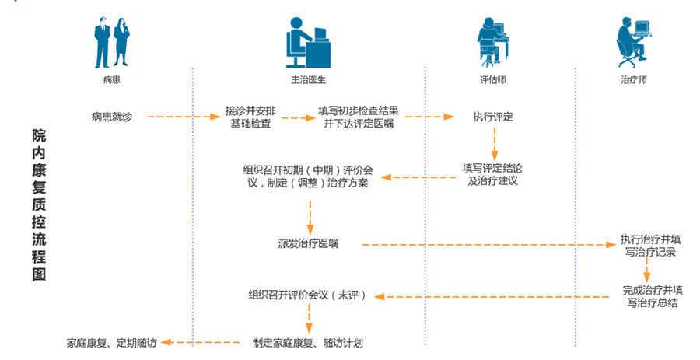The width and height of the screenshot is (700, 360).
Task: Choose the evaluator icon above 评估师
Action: click(493, 43)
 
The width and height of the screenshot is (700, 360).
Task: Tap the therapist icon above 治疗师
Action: click(633, 43)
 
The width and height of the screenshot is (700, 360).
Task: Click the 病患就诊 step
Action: click(111, 117)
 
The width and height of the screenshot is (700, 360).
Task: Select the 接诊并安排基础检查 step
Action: click(251, 117)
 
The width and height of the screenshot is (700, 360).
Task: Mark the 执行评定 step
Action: click(492, 117)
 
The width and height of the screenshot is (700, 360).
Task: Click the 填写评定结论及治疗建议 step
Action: click(494, 174)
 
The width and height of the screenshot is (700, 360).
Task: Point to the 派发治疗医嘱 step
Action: click(309, 244)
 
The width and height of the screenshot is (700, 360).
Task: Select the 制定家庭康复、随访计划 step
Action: click(309, 341)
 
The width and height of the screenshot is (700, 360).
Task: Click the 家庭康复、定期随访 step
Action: click(112, 341)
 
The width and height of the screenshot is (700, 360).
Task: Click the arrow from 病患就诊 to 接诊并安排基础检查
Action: click(184, 117)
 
